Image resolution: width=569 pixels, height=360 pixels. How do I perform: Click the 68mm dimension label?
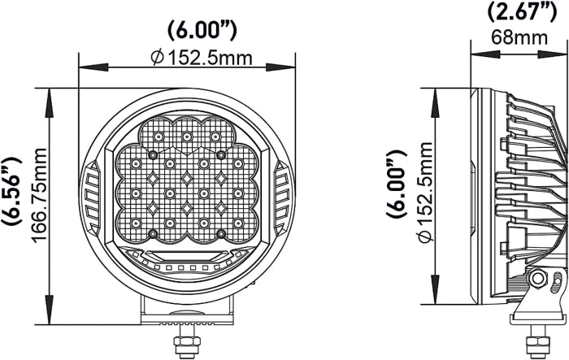tap(519, 37)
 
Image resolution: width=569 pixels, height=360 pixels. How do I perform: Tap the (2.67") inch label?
tap(522, 12)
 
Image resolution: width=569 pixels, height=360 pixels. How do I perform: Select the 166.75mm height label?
tap(40, 194)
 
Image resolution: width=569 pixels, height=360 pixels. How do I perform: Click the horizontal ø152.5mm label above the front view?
tap(202, 58)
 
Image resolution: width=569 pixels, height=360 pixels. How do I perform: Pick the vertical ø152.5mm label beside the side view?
tap(425, 192)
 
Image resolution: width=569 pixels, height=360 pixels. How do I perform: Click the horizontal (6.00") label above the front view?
tap(202, 31)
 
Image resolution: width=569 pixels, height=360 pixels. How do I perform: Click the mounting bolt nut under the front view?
tap(187, 342)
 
